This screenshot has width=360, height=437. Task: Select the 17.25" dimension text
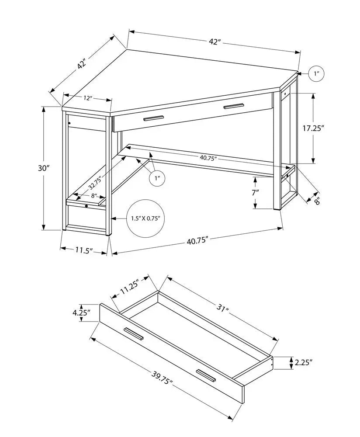314,128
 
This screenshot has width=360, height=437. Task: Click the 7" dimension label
255,192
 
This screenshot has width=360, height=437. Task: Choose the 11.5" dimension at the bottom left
83,250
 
